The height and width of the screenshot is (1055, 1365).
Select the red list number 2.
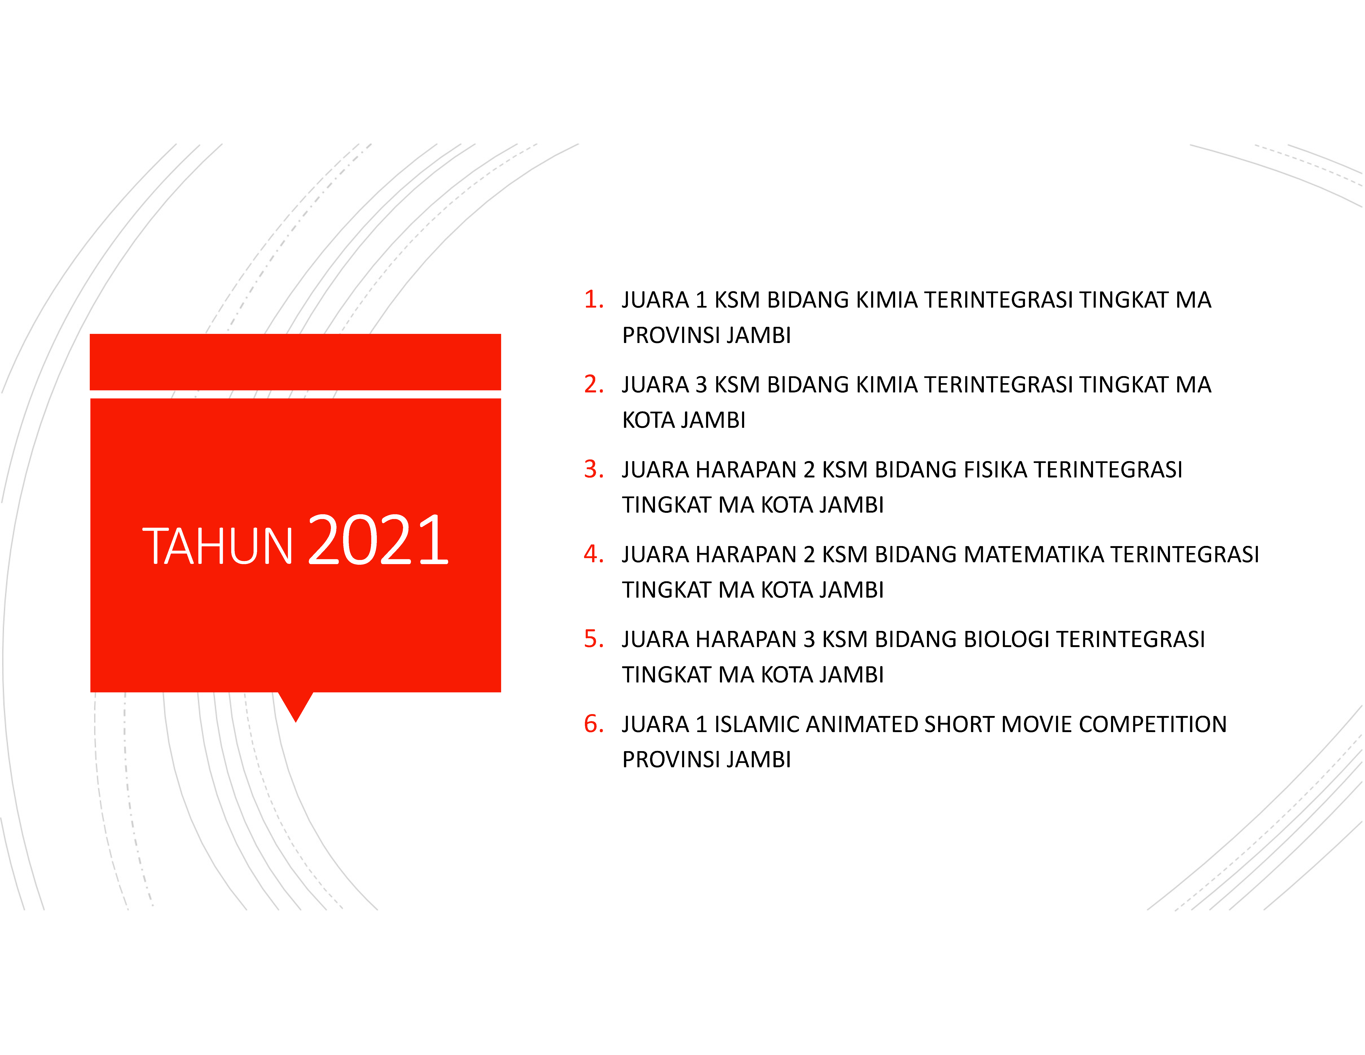(x=593, y=384)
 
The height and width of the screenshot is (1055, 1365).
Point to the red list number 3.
(x=593, y=469)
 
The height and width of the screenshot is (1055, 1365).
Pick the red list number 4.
(x=593, y=554)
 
